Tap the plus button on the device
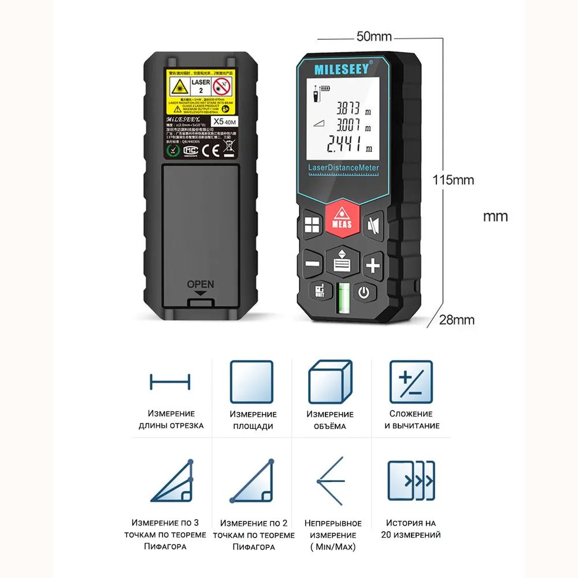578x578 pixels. pyautogui.click(x=373, y=265)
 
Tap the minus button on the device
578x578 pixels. pyautogui.click(x=312, y=264)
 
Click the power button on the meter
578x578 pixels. pyautogui.click(x=363, y=292)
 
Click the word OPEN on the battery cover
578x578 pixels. pyautogui.click(x=201, y=284)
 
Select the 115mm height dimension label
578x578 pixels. pyautogui.click(x=454, y=180)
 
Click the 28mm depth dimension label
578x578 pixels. pyautogui.click(x=457, y=320)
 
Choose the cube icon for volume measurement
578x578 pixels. pyautogui.click(x=330, y=382)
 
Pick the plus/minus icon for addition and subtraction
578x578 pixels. pyautogui.click(x=410, y=382)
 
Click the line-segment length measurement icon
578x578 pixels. pyautogui.click(x=170, y=381)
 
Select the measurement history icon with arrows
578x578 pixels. pyautogui.click(x=410, y=481)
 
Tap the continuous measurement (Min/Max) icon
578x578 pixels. pyautogui.click(x=331, y=481)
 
